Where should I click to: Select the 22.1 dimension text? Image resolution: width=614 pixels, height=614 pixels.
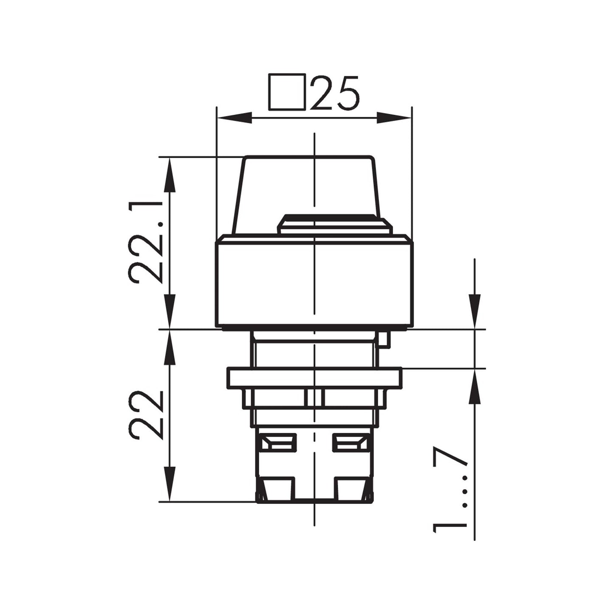(x=146, y=242)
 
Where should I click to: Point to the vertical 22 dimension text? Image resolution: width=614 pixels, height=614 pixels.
(x=146, y=415)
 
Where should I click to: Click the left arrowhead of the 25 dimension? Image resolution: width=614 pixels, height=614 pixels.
(x=234, y=118)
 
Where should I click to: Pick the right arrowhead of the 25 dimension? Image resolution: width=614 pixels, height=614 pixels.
(x=394, y=118)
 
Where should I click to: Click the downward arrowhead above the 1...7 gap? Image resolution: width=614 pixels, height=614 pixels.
(x=475, y=311)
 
